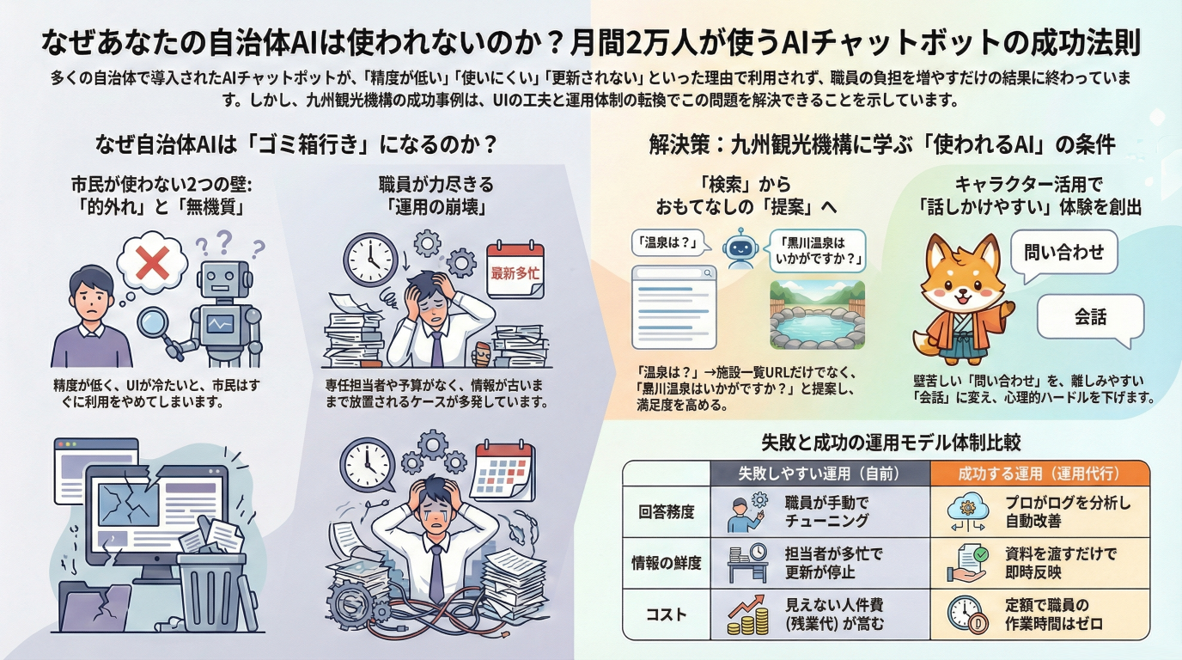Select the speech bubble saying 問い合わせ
pyautogui.click(x=1063, y=253)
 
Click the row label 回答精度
pyautogui.click(x=666, y=512)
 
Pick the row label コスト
pyautogui.click(x=666, y=614)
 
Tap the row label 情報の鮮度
pyautogui.click(x=666, y=564)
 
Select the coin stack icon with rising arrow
pyautogui.click(x=745, y=614)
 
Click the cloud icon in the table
pyautogui.click(x=966, y=513)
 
